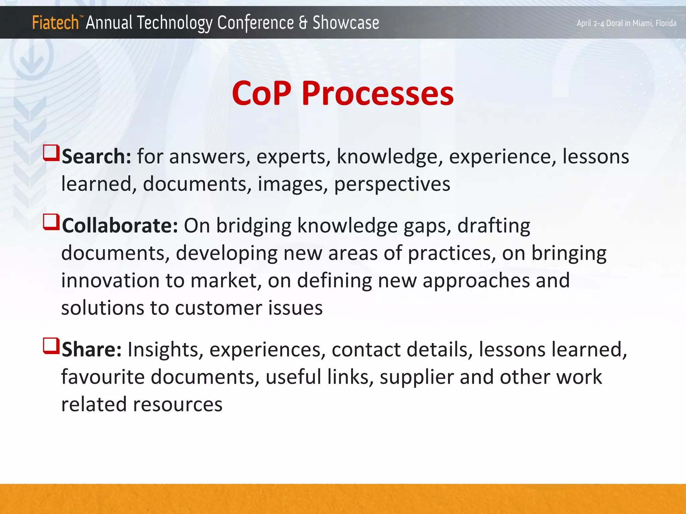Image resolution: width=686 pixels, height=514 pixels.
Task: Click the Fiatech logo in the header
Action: pos(55,23)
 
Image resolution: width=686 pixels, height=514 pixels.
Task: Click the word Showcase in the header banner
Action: pos(346,23)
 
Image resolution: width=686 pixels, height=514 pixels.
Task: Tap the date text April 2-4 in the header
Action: pos(591,23)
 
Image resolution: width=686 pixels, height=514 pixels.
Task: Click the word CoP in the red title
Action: pos(261,94)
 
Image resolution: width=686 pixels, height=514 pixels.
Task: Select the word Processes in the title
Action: pos(378,94)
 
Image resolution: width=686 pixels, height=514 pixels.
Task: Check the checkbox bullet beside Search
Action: pos(51,153)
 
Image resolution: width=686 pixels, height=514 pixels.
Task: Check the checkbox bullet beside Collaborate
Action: pos(51,222)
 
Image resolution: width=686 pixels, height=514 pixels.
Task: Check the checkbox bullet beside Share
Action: pos(51,346)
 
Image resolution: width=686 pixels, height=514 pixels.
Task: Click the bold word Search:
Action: pos(96,157)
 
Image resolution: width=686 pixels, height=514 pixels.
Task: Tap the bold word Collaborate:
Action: pos(120,226)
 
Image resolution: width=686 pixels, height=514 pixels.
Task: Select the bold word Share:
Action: pos(92,350)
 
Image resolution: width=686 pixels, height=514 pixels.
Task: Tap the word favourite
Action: pos(102,377)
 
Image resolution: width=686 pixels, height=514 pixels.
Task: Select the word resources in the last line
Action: pos(178,405)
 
